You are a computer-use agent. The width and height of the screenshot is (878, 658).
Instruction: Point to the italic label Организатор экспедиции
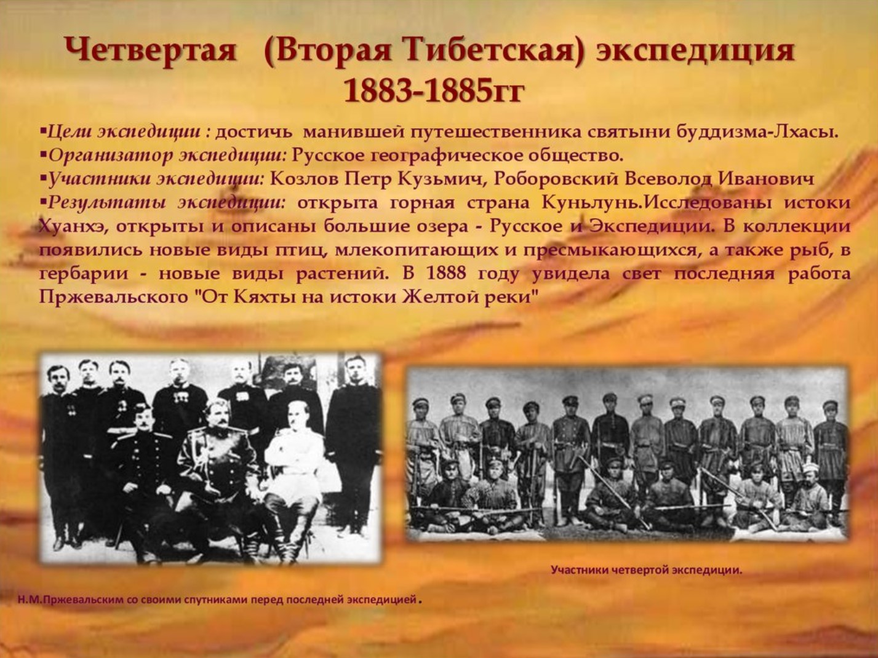point(167,155)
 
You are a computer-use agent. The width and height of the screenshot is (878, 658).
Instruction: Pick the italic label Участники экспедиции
point(155,179)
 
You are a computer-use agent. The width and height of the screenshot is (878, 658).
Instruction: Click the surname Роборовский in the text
point(556,179)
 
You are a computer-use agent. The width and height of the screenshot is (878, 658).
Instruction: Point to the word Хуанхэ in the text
point(70,226)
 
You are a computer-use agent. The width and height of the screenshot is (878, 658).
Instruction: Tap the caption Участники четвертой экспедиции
point(646,570)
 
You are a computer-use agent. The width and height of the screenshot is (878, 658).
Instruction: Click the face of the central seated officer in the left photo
point(218,414)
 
